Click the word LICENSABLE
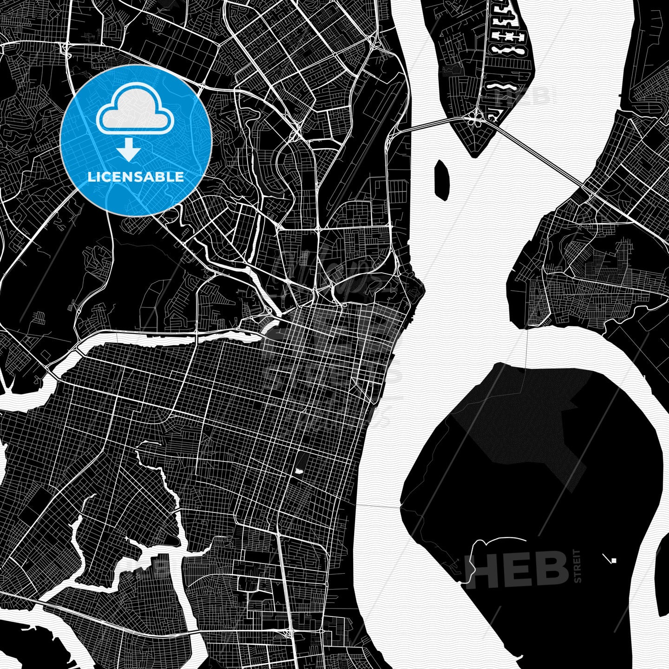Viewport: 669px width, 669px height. pos(136,177)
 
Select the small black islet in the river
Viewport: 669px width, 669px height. pos(441,179)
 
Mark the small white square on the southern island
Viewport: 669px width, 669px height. pos(614,560)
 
